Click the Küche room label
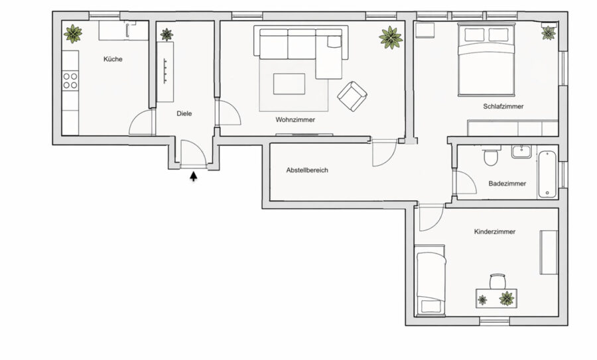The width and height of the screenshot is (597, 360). click(x=113, y=59)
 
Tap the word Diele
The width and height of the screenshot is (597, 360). click(x=184, y=113)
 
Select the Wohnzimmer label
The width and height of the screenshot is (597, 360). click(x=295, y=119)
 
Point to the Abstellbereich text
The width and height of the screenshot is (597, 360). click(x=307, y=170)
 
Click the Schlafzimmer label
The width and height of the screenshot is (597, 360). click(x=503, y=107)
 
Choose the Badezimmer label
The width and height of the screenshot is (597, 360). click(x=507, y=184)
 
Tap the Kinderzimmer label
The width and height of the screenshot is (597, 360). click(x=495, y=231)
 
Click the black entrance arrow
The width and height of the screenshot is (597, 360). click(x=194, y=176)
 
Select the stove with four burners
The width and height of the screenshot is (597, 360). click(x=70, y=80)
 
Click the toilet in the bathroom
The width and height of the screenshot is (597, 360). click(x=490, y=155)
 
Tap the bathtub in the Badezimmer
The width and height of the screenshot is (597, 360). click(x=547, y=174)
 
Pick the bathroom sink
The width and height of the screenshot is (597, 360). click(x=521, y=151)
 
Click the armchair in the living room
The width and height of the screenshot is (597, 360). click(x=352, y=96)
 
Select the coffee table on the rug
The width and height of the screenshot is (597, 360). click(x=289, y=84)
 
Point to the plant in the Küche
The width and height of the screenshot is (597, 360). click(x=73, y=34)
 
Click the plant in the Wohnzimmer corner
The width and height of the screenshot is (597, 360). click(x=391, y=38)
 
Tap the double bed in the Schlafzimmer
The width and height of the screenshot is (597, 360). click(x=487, y=60)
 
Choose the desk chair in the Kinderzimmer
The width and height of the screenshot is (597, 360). click(x=497, y=282)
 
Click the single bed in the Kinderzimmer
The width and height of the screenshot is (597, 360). click(x=431, y=280)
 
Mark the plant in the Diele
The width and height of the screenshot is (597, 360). click(x=166, y=34)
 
